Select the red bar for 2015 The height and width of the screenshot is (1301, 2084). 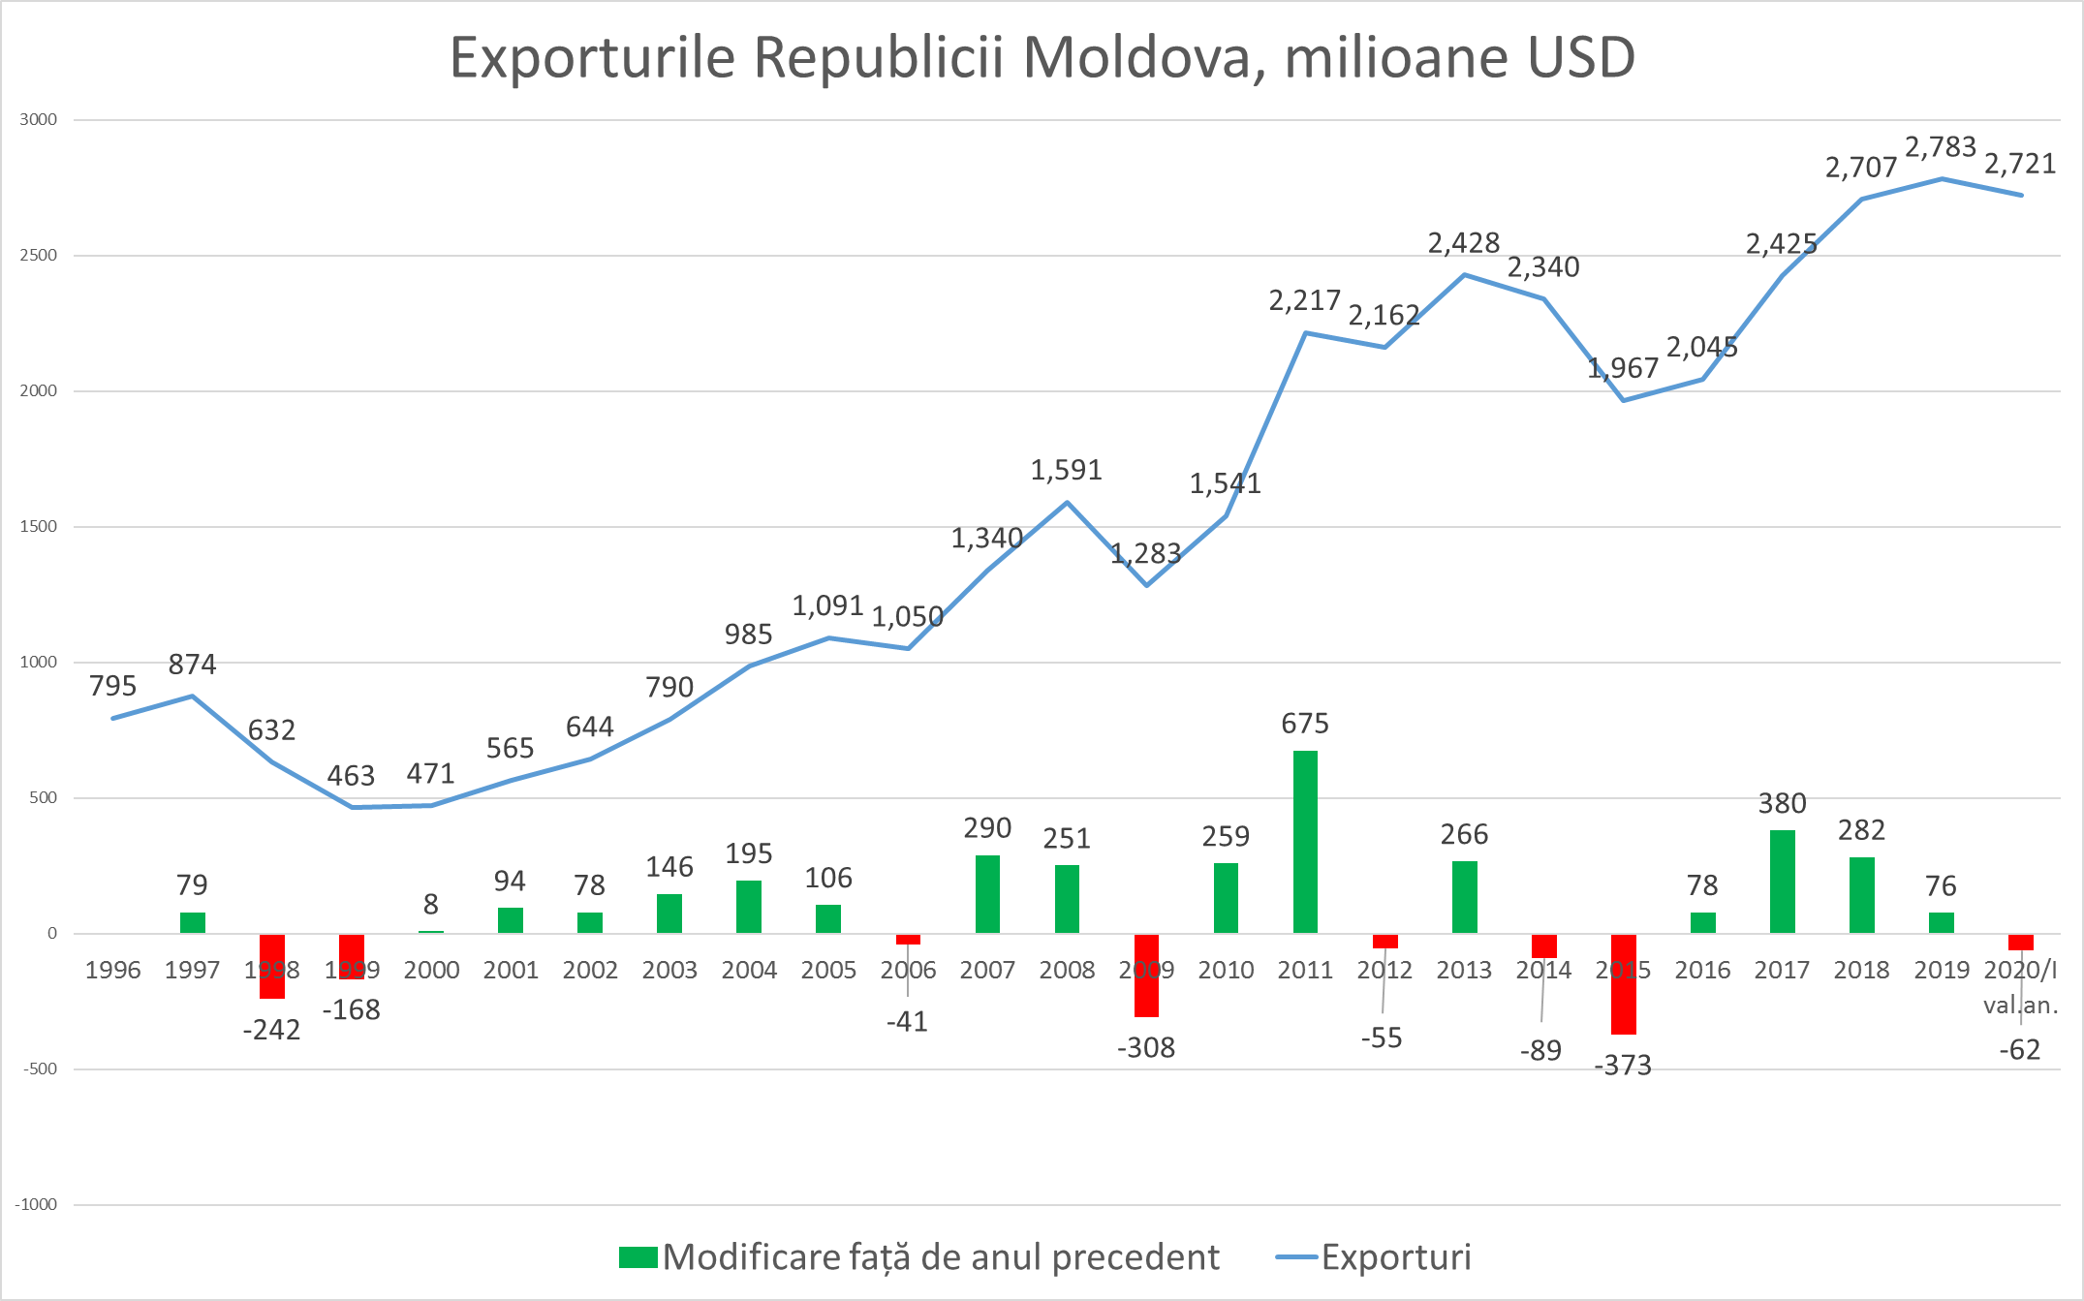[x=1623, y=984]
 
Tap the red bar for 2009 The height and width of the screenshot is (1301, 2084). [x=1146, y=976]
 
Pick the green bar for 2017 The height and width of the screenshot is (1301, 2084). [x=1782, y=881]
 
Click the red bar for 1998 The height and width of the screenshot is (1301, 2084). [x=272, y=966]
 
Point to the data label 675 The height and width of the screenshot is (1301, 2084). [x=1305, y=724]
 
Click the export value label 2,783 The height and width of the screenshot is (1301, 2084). [x=1941, y=147]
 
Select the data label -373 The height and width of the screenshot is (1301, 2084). [x=1623, y=1066]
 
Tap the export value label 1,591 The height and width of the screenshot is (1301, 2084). [x=1066, y=471]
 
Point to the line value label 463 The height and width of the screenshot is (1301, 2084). [x=351, y=776]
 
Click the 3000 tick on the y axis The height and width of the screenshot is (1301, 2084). [x=39, y=120]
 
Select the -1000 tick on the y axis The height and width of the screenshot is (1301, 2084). [x=36, y=1205]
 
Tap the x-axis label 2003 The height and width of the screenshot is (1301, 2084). [x=669, y=970]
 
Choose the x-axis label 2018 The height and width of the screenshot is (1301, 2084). [x=1861, y=970]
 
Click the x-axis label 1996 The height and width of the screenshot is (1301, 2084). [x=113, y=970]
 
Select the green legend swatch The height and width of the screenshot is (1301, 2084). [x=638, y=1257]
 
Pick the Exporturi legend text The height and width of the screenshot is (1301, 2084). [x=1396, y=1257]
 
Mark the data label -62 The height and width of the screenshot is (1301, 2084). [x=2020, y=1050]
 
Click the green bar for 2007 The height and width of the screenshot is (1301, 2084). [x=987, y=894]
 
